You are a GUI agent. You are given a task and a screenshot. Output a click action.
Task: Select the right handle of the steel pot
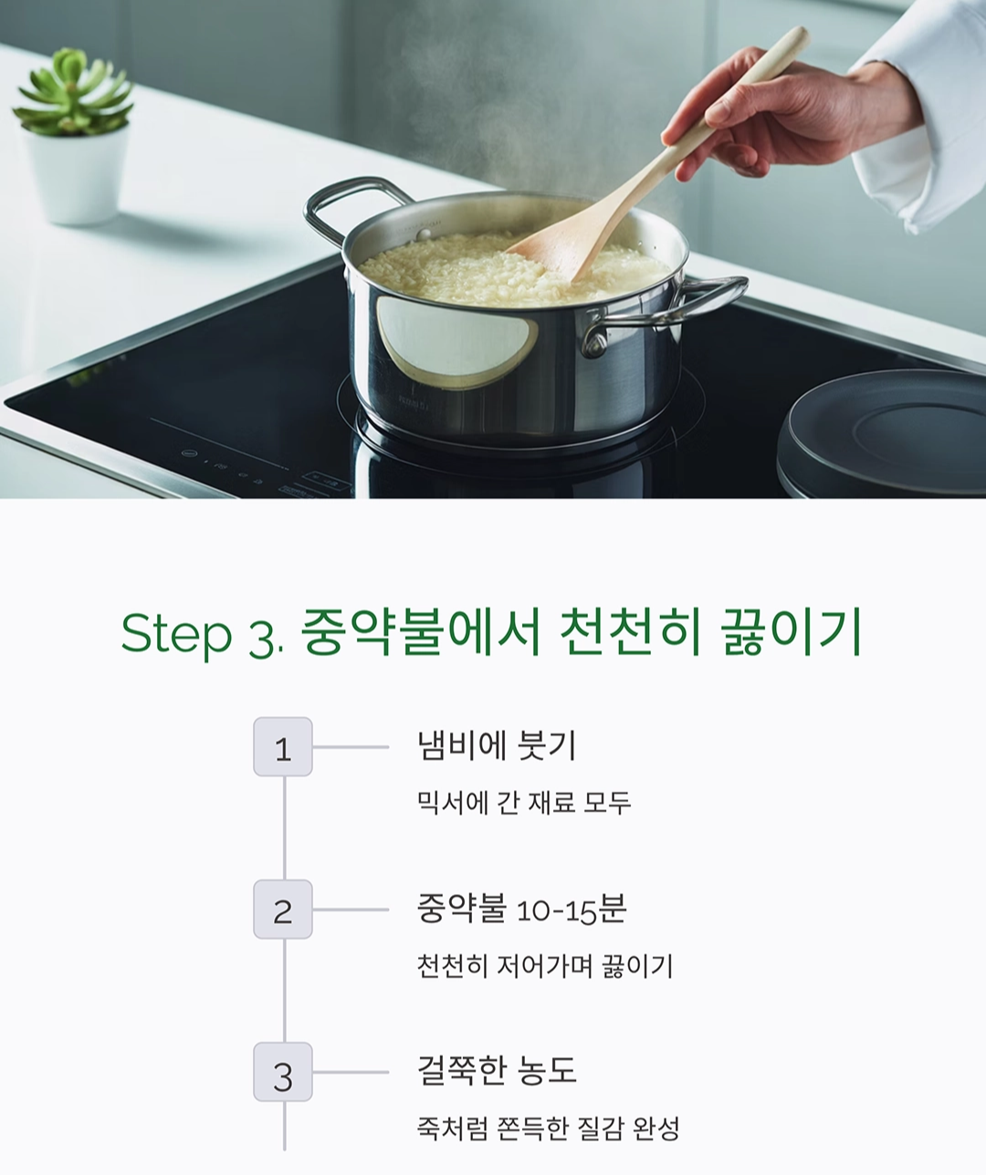(694, 301)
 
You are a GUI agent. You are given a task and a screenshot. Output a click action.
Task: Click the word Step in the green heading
(176, 633)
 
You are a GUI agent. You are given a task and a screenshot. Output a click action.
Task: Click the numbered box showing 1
(283, 747)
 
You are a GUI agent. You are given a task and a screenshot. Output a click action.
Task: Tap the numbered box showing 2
(283, 910)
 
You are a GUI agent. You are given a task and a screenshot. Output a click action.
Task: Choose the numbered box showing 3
(283, 1072)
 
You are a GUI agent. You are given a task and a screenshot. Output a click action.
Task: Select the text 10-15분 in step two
(571, 910)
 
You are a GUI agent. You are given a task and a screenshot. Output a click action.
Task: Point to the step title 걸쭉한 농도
(497, 1070)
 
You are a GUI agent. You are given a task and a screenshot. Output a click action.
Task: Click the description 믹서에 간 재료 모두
(523, 803)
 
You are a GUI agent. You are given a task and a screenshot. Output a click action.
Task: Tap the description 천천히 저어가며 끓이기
(544, 965)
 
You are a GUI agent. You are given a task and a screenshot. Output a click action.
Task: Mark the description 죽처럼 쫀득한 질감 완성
(548, 1128)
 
